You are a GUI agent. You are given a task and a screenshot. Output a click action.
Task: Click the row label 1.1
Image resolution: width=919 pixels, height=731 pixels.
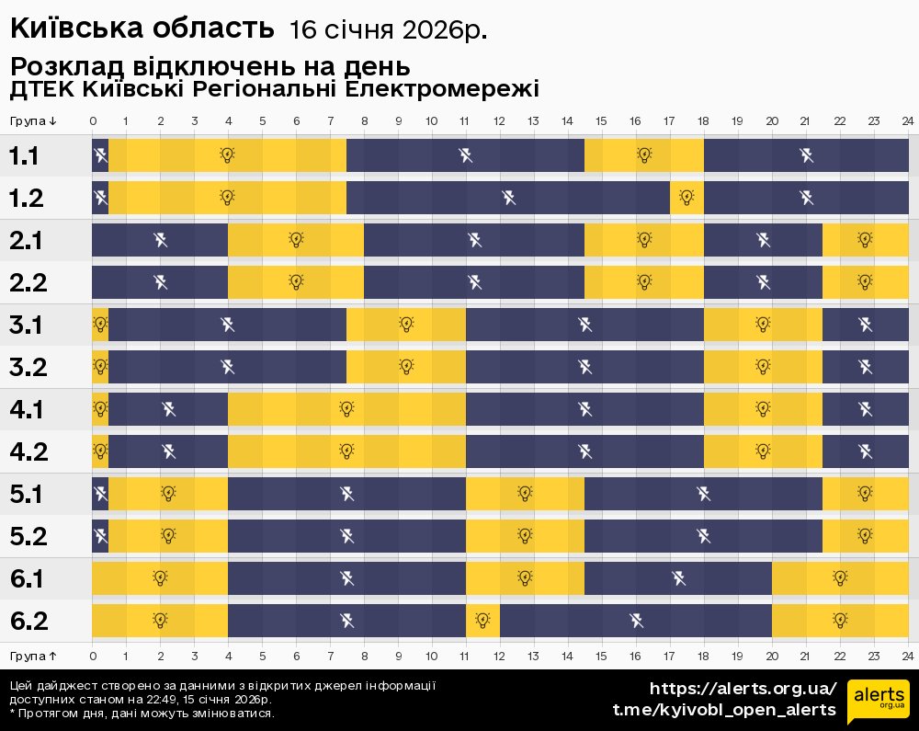(x=25, y=156)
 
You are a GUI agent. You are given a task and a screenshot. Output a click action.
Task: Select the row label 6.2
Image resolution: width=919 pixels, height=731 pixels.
(x=28, y=621)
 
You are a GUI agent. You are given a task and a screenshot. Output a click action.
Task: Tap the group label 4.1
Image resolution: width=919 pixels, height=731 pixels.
(x=28, y=409)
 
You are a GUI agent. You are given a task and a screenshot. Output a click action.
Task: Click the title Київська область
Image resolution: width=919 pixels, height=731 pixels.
(x=142, y=29)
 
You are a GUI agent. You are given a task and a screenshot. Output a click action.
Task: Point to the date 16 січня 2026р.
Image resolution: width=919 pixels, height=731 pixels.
(x=388, y=30)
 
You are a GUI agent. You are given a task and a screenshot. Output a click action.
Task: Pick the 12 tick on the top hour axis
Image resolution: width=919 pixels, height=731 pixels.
(x=499, y=121)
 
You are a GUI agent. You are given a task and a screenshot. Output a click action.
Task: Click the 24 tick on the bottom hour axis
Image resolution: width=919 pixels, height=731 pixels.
(x=907, y=656)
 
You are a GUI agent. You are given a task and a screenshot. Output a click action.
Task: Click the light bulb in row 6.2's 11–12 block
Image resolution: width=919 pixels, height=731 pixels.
(x=483, y=620)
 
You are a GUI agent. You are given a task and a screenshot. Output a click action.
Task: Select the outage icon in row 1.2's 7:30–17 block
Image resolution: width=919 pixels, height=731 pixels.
(x=508, y=197)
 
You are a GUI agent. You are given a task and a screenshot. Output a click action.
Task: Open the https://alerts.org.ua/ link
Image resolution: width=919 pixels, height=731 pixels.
(x=743, y=689)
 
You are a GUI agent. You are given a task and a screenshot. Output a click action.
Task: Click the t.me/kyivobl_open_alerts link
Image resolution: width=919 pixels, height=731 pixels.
(x=724, y=710)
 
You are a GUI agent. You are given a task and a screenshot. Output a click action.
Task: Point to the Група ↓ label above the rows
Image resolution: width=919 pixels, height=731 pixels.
(x=34, y=121)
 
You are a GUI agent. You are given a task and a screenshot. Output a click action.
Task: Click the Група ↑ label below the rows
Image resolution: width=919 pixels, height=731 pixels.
(x=34, y=656)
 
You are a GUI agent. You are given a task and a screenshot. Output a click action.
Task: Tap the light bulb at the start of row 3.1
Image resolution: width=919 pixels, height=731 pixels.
(x=100, y=324)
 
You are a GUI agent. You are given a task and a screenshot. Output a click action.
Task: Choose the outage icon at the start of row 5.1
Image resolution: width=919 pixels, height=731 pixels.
(x=100, y=493)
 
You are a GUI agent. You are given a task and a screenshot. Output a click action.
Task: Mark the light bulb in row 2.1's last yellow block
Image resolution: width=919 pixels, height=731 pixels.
(x=865, y=239)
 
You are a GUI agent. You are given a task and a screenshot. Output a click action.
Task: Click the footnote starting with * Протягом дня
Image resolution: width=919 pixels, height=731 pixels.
(x=142, y=713)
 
